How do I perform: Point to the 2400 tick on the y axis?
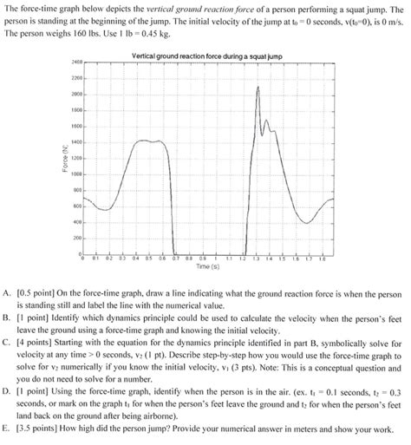pyautogui.click(x=76, y=63)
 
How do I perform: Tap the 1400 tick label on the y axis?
pyautogui.click(x=76, y=142)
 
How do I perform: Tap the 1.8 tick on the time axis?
pyautogui.click(x=322, y=258)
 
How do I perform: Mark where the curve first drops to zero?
pyautogui.click(x=173, y=252)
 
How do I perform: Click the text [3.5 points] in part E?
pyautogui.click(x=41, y=428)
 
